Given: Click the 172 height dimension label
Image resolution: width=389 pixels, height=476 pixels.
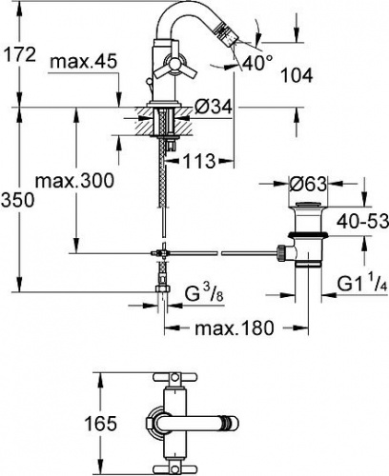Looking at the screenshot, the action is (x=19, y=54).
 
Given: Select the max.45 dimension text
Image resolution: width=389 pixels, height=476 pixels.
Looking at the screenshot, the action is (x=84, y=62).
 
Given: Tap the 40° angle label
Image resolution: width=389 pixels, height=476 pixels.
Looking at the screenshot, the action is (x=257, y=63).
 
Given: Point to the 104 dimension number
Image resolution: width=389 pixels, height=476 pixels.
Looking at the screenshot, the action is (x=297, y=75).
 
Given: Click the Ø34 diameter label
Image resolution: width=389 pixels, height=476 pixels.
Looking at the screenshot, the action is (x=214, y=109).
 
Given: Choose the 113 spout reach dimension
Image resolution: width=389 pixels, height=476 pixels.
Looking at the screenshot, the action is (x=199, y=161).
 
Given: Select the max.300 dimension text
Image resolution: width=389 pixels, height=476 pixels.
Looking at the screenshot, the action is (x=74, y=181).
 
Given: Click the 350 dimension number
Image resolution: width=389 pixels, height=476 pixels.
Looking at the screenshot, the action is (x=17, y=201).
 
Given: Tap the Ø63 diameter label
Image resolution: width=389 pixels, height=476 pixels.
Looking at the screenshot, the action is (x=308, y=184).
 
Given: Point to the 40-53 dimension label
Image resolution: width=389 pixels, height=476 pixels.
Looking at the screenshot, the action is (x=362, y=221).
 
